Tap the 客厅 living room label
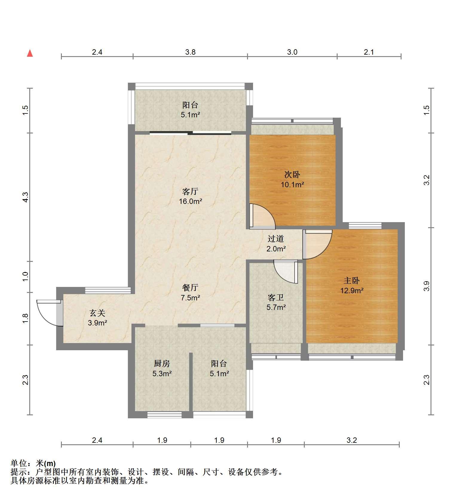(190, 191)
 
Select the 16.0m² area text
(190, 201)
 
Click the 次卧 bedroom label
(292, 174)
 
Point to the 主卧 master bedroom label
(352, 280)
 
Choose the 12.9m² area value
(352, 290)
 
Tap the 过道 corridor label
(276, 239)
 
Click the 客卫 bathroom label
(276, 297)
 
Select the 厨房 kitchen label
(162, 363)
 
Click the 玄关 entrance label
(97, 313)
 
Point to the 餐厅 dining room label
(190, 288)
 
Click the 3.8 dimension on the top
(190, 52)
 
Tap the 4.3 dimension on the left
(26, 197)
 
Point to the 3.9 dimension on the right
(427, 286)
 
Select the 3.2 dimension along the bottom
(352, 440)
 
